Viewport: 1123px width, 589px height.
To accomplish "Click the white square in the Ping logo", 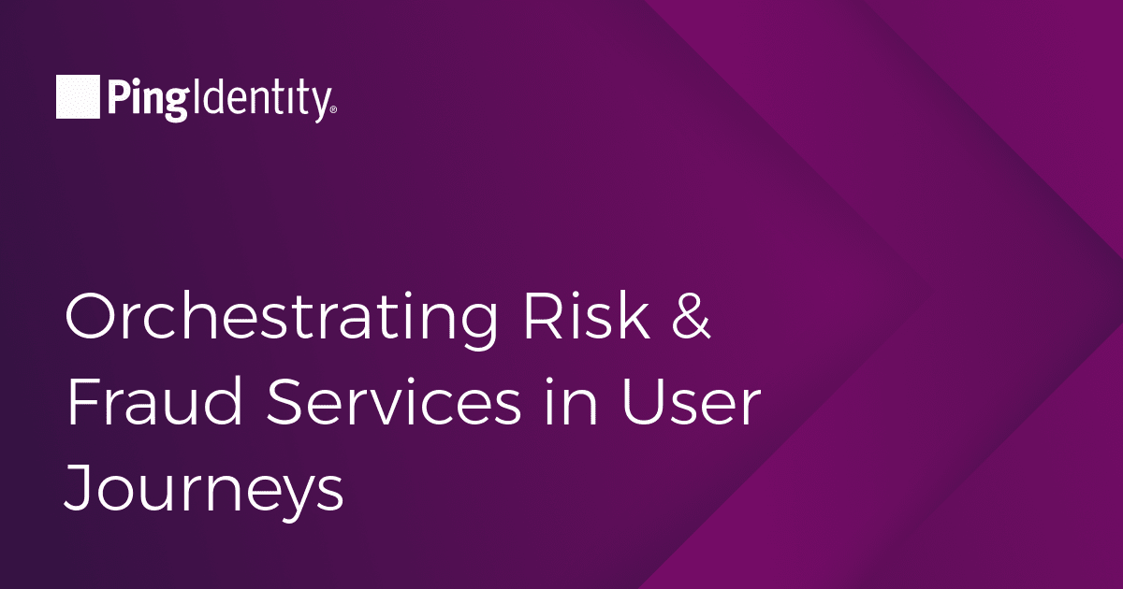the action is pos(78,96).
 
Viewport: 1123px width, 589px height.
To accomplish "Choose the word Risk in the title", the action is pos(587,316).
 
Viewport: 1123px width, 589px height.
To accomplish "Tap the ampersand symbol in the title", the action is pos(692,316).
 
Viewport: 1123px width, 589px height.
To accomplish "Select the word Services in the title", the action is pos(394,402).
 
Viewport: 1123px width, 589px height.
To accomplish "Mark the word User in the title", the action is pos(692,403).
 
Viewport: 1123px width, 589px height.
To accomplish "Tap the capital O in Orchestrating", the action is pos(90,317).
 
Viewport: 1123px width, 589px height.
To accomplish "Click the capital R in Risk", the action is pos(541,317).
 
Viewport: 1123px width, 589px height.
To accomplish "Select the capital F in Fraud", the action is pos(83,402).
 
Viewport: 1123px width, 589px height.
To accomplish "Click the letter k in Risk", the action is pos(634,316).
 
